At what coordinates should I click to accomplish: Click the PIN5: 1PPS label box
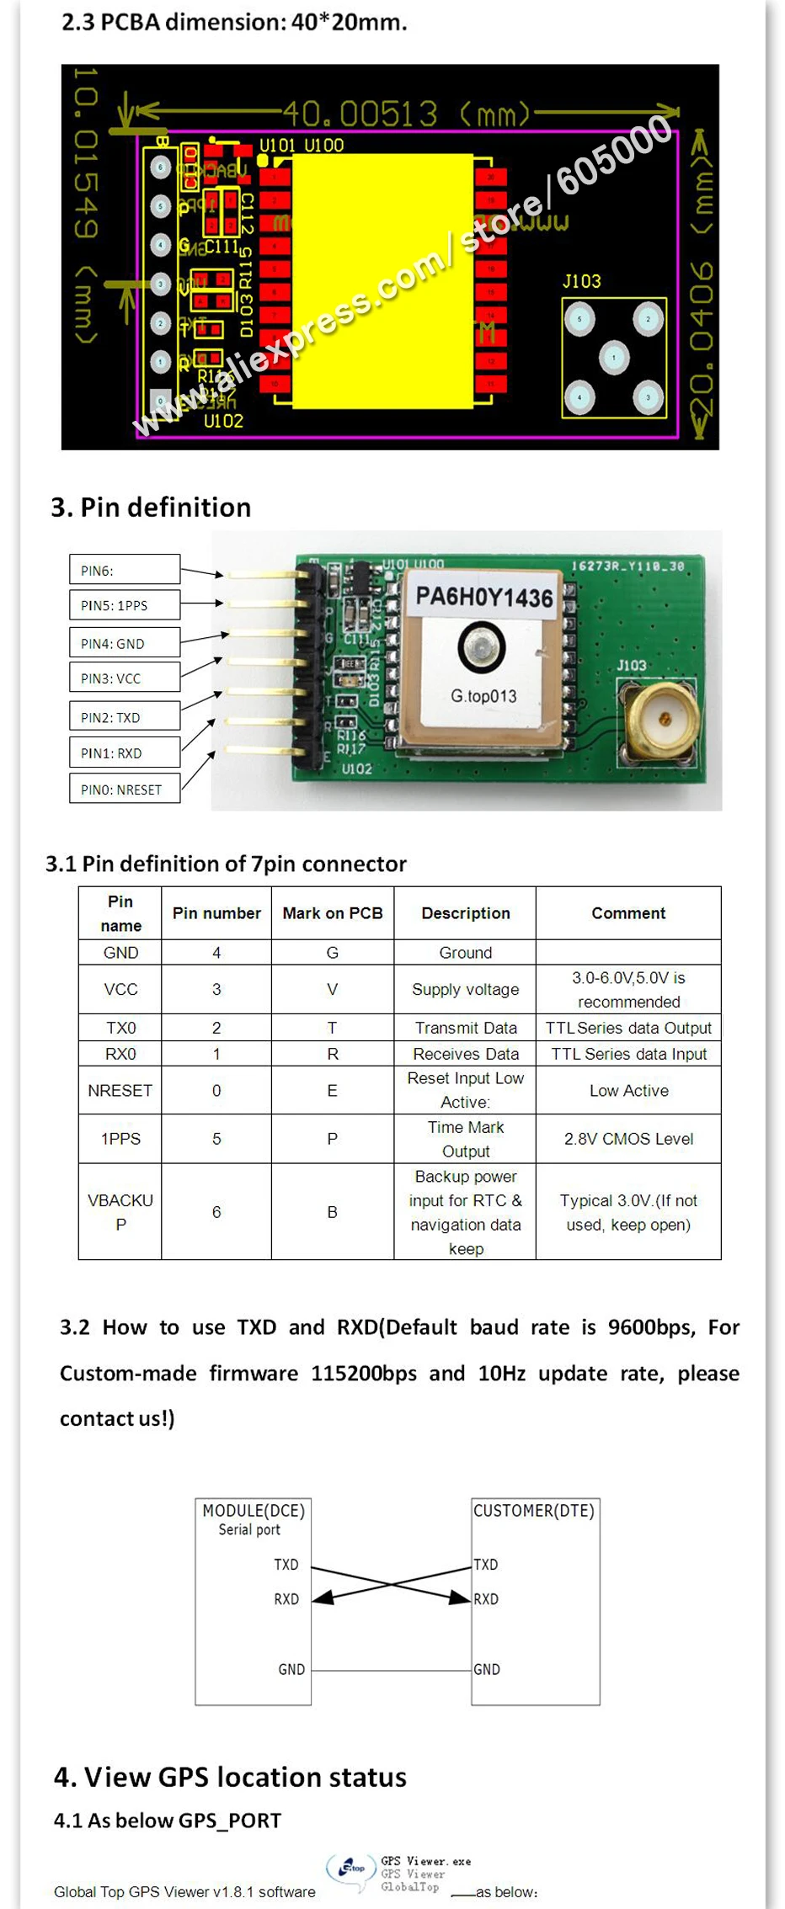125,605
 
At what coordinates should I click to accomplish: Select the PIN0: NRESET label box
125,789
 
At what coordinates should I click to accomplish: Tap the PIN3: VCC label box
125,678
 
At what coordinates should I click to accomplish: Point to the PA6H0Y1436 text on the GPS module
483,597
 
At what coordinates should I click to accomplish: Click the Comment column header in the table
628,913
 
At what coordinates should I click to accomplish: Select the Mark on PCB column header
332,913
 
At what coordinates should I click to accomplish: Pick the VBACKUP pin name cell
120,1212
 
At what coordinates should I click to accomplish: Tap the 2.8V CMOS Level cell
628,1139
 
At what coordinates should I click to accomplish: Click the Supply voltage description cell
465,990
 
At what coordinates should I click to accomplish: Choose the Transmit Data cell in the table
465,1028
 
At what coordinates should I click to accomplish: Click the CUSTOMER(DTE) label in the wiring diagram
534,1510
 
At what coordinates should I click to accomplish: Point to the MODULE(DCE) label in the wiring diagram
254,1510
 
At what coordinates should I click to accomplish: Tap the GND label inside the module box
291,1669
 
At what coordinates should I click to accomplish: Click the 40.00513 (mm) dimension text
405,113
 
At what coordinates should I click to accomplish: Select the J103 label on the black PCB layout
582,281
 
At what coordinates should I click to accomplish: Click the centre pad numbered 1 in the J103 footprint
614,358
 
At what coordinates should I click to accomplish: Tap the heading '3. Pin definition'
151,507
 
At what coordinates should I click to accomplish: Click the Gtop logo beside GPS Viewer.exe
351,1869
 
